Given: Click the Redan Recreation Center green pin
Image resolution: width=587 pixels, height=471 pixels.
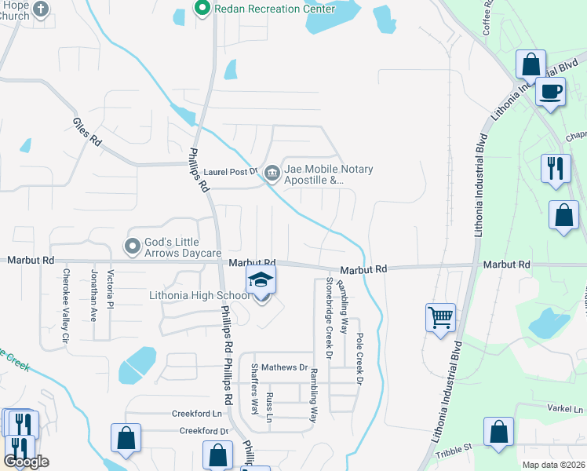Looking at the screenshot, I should coord(202,9).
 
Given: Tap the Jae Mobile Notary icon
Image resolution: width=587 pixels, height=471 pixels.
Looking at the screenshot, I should coord(272,170).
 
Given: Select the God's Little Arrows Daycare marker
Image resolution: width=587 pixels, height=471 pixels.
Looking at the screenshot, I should coord(133,246).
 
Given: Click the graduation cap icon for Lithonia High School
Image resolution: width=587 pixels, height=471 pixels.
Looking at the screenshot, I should coord(261,280).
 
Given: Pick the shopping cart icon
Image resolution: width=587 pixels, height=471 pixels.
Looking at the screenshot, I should coord(441,317).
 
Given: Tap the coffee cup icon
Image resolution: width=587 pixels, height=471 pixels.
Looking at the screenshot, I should coord(550,90).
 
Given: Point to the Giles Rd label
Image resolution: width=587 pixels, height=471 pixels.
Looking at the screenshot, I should coord(87,132).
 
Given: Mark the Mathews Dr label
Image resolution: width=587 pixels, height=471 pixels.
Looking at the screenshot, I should coord(284,367).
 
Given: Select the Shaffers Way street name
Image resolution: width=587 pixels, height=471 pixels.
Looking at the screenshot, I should coord(254,389).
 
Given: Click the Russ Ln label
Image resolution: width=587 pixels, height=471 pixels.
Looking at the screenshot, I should coord(269,407).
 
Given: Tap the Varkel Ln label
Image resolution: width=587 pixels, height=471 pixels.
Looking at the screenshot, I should coord(567,409).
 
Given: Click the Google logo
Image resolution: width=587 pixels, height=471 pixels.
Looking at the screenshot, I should coord(26,462).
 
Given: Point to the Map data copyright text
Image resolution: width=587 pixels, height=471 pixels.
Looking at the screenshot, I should coord(553,465).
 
